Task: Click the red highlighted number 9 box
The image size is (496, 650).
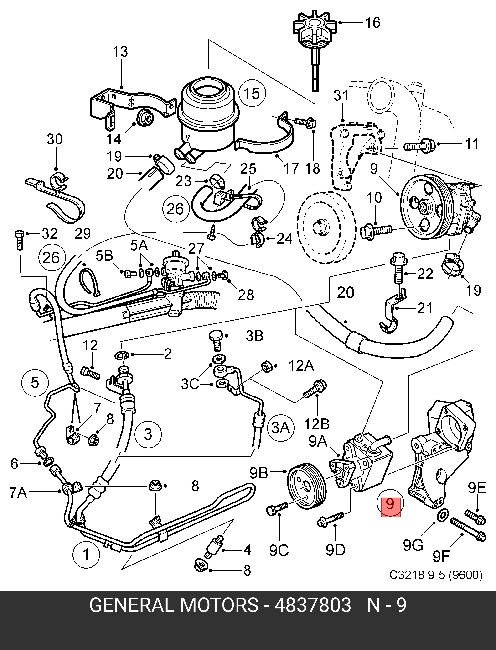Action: point(391,507)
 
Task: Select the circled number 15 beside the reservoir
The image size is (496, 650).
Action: point(252,93)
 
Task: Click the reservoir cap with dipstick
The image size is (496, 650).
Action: point(315,53)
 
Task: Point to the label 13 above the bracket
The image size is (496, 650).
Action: point(120,52)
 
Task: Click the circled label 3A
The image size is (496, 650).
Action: point(280,428)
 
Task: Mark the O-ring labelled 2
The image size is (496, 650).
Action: point(122,355)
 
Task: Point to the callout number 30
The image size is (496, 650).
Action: point(55,139)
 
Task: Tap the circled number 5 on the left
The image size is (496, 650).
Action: point(35,382)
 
